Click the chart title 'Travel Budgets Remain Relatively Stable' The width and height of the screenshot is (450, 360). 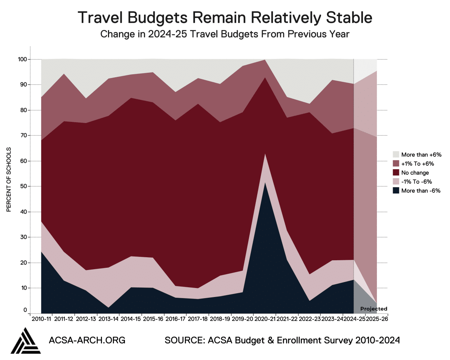pos(225,18)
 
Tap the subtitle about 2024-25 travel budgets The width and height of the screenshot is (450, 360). pos(225,34)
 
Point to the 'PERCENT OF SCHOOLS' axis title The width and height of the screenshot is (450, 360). pos(9,180)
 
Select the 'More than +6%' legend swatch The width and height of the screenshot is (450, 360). pos(396,154)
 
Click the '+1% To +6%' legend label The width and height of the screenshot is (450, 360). pos(418,163)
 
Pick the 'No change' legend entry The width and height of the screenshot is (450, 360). pos(411,172)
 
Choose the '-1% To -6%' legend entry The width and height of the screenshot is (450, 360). pos(412,181)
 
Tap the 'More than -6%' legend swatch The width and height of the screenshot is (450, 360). pos(396,190)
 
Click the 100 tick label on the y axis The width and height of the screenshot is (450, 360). pos(22,59)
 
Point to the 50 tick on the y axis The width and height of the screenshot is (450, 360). pos(24,186)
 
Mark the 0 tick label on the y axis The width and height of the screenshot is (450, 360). pos(25,310)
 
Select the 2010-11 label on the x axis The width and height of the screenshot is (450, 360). pos(41,319)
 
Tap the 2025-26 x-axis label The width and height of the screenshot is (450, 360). pos(377,319)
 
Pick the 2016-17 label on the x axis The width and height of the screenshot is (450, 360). pos(175,319)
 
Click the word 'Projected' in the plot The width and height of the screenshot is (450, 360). pos(373,309)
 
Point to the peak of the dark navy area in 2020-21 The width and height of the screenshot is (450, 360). pos(265,182)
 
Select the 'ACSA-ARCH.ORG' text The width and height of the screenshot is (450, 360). pos(87,340)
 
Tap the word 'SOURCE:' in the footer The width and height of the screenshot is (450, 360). pos(184,340)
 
